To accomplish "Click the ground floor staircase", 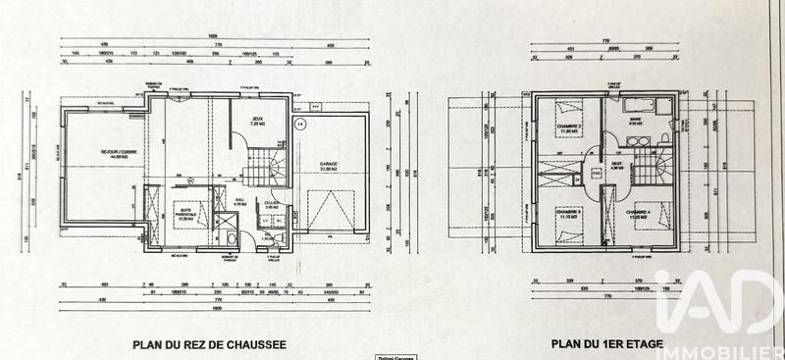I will click(268, 166).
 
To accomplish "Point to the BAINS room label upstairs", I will click(636, 122).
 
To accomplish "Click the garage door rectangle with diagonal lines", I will click(327, 212).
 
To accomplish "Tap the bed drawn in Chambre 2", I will click(565, 111).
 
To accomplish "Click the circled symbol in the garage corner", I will click(301, 125).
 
